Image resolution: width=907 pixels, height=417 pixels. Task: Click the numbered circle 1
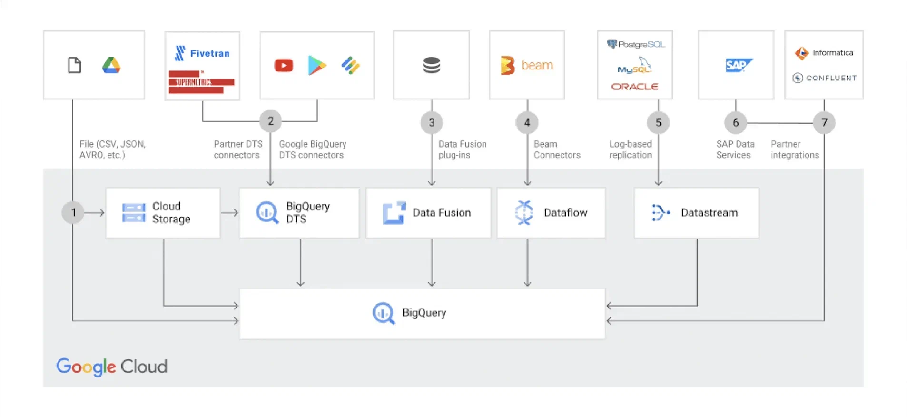73,212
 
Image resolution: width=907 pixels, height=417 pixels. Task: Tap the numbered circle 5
658,123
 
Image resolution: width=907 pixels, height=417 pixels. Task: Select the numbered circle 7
824,123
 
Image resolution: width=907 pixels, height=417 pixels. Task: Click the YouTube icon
284,65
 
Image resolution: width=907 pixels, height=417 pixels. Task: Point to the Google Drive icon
111,65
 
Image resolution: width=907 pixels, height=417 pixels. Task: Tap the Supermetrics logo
201,82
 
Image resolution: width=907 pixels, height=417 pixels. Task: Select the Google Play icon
317,65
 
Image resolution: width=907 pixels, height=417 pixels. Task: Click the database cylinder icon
431,65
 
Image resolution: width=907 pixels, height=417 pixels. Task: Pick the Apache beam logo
527,65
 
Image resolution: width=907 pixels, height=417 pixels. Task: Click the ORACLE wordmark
634,87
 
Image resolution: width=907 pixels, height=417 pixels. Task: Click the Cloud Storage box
163,213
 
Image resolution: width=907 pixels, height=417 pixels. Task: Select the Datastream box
696,213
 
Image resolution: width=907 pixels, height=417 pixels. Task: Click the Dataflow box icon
524,213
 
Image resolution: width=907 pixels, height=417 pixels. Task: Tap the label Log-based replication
630,149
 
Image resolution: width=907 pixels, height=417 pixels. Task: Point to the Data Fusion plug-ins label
462,149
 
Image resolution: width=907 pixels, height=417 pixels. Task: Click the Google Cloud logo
112,367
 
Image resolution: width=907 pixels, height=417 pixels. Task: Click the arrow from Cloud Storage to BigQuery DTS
230,213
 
